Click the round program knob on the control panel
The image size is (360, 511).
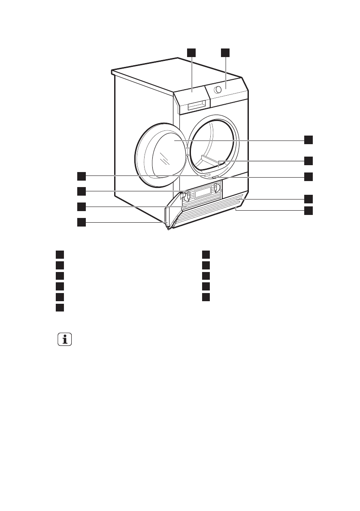coord(218,90)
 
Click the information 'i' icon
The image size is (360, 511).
coord(65,340)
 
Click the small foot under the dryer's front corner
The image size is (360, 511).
coord(168,228)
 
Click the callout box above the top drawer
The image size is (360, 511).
coord(191,52)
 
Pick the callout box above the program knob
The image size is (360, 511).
coord(226,52)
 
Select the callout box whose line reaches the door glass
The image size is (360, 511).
coord(309,139)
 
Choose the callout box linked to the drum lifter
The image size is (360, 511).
coord(309,160)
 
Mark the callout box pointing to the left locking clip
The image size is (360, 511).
coord(82,190)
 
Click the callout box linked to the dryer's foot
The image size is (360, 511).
coord(82,222)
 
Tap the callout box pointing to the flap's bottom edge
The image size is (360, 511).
coord(309,211)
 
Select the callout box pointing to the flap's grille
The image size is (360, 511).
coord(309,198)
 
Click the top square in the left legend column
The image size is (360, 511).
coord(59,254)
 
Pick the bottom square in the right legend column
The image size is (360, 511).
coord(206,296)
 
